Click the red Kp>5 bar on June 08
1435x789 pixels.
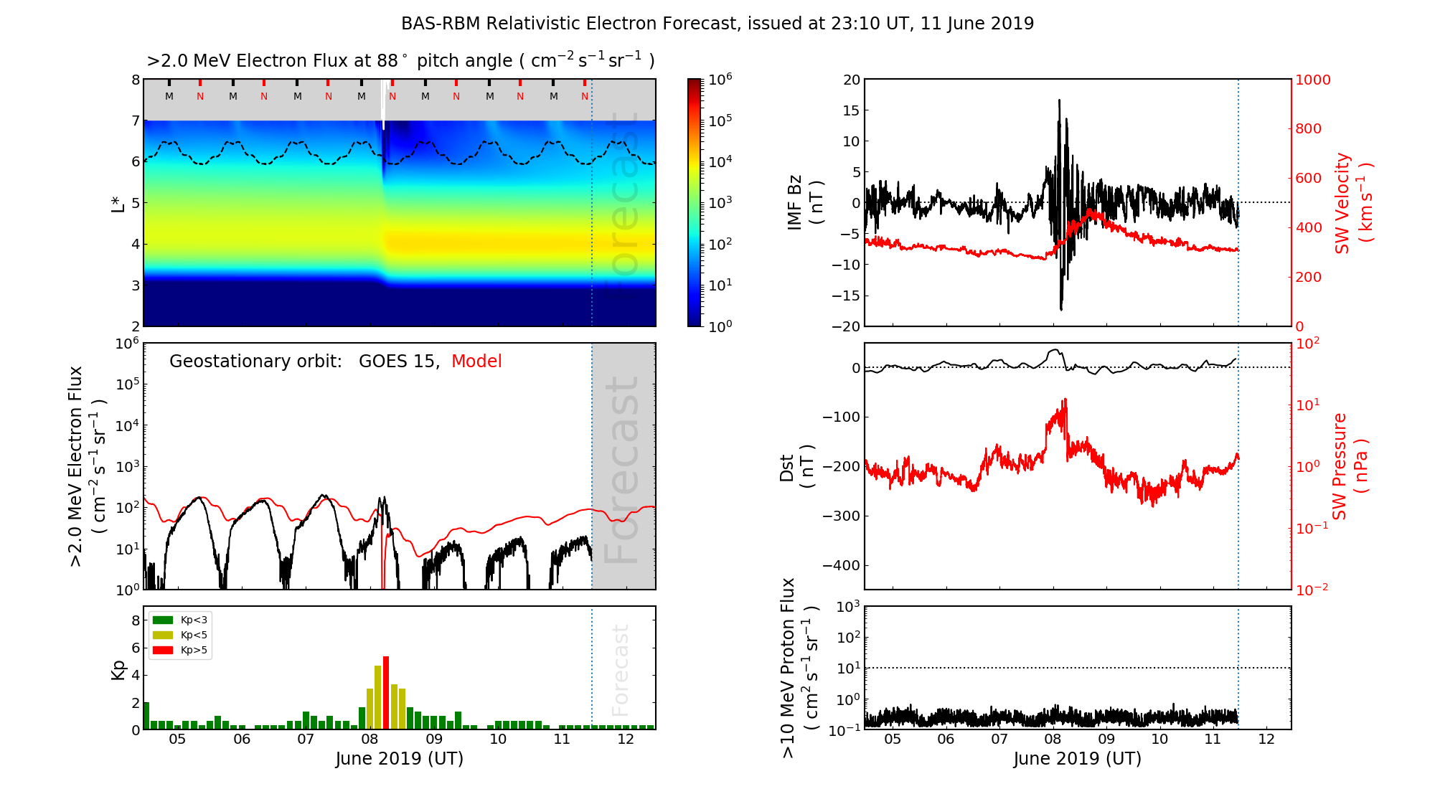click(x=386, y=692)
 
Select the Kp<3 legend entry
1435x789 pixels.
click(x=180, y=620)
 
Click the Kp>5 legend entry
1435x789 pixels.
click(x=180, y=651)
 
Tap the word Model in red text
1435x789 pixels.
click(x=476, y=362)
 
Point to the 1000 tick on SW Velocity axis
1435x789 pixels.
click(x=1313, y=80)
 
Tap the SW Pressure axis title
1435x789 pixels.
click(x=1350, y=466)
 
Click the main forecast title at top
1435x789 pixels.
click(x=717, y=24)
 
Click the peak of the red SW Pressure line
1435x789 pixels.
click(x=1065, y=400)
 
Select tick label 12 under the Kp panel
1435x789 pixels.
click(x=626, y=740)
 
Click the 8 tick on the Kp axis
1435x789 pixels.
click(x=136, y=620)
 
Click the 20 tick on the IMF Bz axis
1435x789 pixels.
click(x=852, y=80)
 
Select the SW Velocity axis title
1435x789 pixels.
click(x=1353, y=203)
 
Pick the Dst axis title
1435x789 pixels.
click(x=796, y=467)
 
